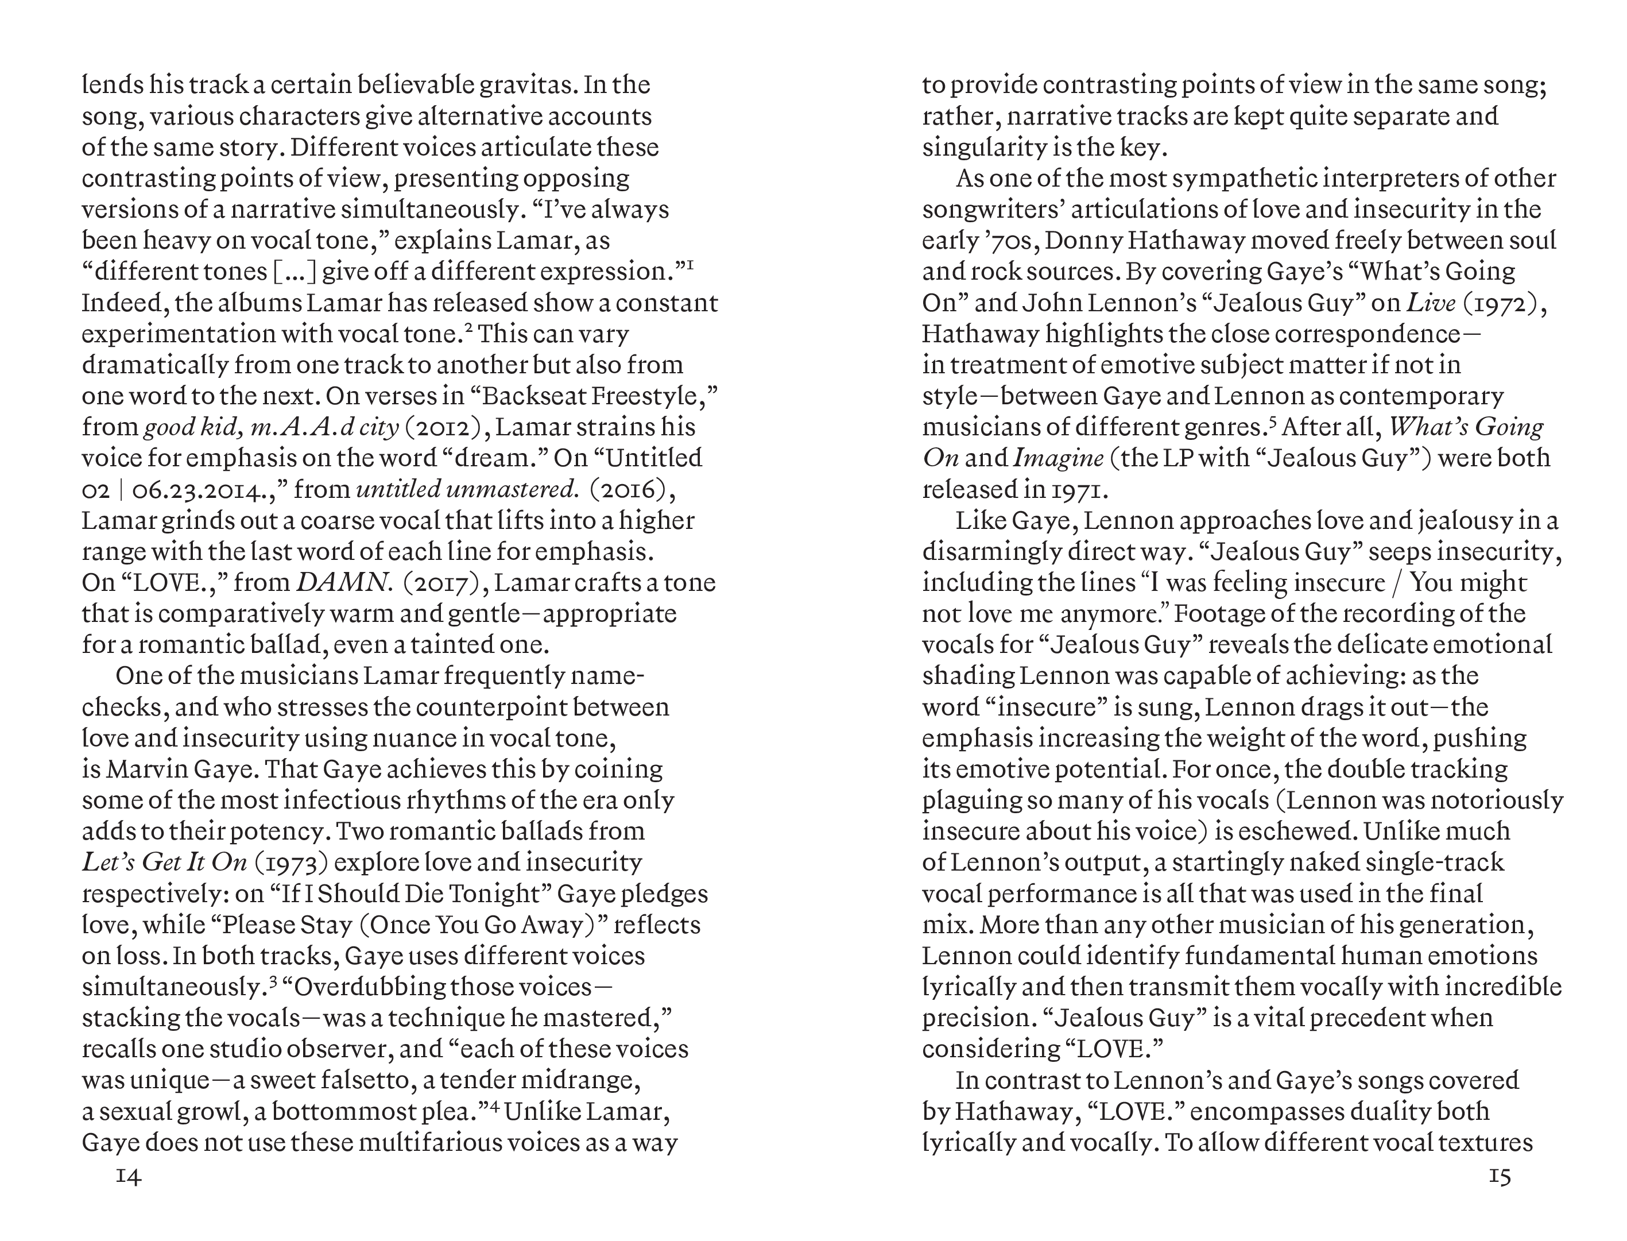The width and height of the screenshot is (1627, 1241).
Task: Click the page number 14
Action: (129, 1177)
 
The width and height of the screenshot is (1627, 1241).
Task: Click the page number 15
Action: (1499, 1177)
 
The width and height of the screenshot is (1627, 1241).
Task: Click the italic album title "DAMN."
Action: (343, 583)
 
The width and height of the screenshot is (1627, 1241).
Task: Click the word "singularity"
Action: (983, 148)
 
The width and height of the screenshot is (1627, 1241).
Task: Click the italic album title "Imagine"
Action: (1058, 459)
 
